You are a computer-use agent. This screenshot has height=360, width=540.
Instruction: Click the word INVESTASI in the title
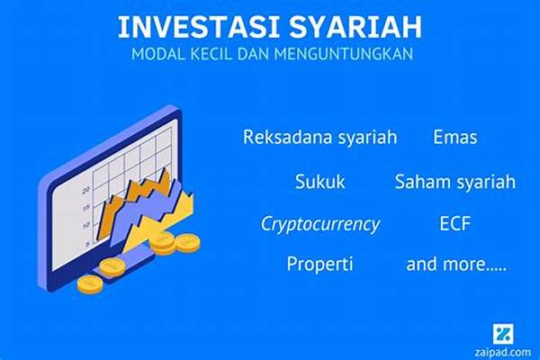pos(198,27)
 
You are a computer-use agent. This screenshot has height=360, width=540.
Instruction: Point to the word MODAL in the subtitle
pos(158,54)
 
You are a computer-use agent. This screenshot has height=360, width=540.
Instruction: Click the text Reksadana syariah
pos(319,137)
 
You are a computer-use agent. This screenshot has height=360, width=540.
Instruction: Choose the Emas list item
pos(454,137)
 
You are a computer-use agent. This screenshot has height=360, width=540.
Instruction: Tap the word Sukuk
pos(319,182)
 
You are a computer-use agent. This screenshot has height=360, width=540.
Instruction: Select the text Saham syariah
pos(454,182)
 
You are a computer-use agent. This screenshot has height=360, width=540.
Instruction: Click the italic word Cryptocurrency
pos(319,224)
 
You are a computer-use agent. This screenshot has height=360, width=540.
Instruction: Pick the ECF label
pos(454,223)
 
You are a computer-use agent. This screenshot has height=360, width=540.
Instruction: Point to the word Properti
pos(319,265)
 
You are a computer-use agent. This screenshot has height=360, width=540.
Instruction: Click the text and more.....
pos(456,265)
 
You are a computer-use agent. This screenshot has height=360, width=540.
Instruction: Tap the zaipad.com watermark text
pos(502,353)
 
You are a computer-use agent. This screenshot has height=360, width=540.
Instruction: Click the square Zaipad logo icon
pos(503,334)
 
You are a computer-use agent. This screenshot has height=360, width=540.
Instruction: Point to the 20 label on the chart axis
pos(85,190)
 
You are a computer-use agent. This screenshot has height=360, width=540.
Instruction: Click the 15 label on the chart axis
pos(85,208)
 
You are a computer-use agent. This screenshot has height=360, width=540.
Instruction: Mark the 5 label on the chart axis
pos(88,244)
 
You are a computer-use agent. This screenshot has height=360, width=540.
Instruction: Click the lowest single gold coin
pos(90,284)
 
